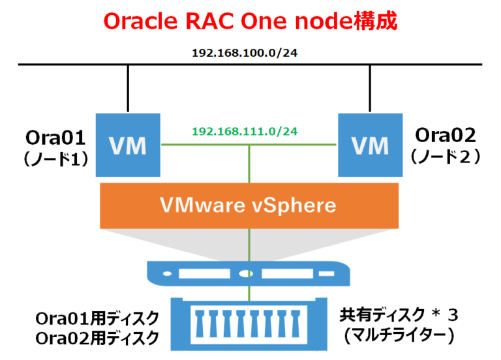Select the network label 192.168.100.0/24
click(x=250, y=51)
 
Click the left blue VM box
click(x=129, y=145)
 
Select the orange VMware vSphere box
click(x=249, y=205)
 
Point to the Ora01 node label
click(x=55, y=138)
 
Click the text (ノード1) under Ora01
click(x=55, y=158)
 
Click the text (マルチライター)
click(x=399, y=335)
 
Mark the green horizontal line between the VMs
click(x=196, y=145)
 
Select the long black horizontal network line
click(x=65, y=64)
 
